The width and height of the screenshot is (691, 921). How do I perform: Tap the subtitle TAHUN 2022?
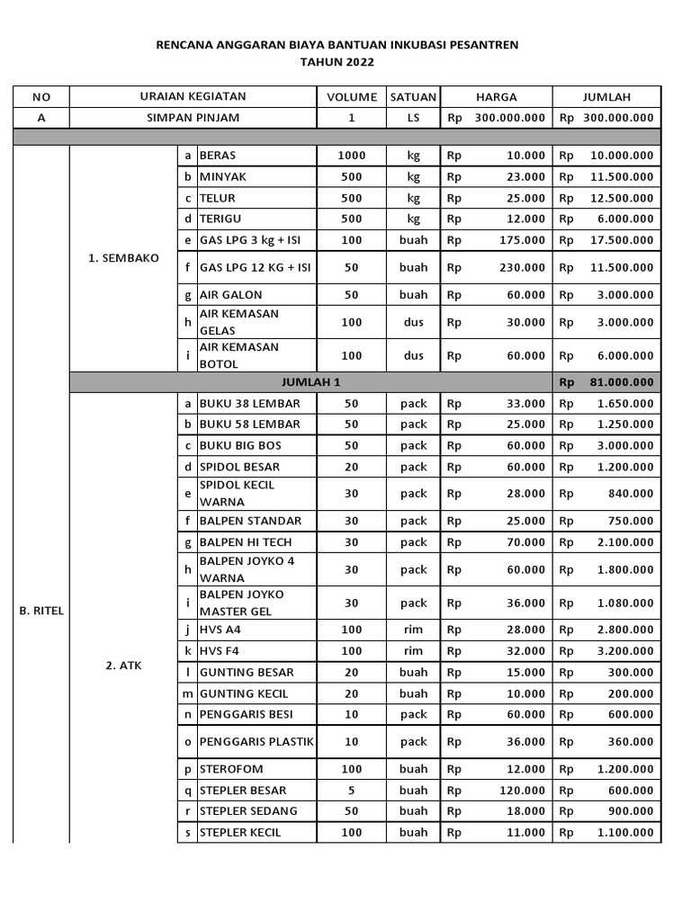click(337, 62)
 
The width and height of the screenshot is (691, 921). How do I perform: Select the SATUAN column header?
click(413, 97)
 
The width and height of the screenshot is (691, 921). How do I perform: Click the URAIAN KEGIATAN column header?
click(193, 97)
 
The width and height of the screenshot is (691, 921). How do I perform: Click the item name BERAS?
click(218, 156)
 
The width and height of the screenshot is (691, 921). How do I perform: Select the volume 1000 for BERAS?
click(351, 156)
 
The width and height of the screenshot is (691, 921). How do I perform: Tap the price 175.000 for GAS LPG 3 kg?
click(521, 240)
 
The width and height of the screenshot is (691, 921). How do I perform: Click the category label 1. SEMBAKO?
click(123, 258)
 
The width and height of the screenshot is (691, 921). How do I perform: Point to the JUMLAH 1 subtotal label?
click(311, 382)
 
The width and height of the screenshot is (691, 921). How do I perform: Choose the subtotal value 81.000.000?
click(620, 382)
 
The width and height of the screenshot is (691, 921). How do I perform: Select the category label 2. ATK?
click(123, 666)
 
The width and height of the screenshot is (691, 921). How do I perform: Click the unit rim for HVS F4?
click(413, 651)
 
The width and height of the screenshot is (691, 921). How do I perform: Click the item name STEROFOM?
click(231, 770)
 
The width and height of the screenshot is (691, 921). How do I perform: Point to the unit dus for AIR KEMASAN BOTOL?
click(413, 355)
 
